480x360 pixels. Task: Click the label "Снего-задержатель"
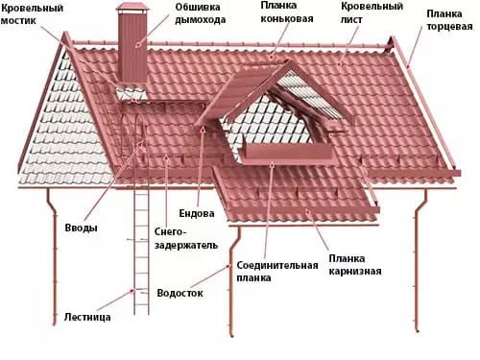(x=179, y=238)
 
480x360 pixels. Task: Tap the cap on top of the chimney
(x=130, y=11)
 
